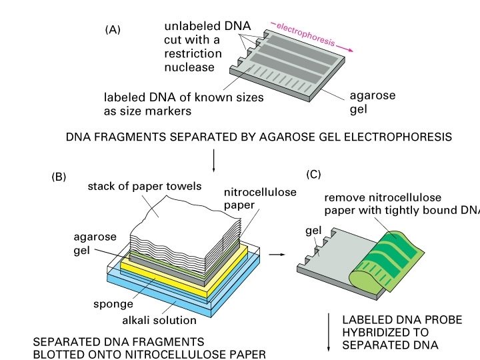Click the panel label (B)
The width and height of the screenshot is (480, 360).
[59, 177]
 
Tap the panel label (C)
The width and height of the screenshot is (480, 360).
[313, 175]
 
